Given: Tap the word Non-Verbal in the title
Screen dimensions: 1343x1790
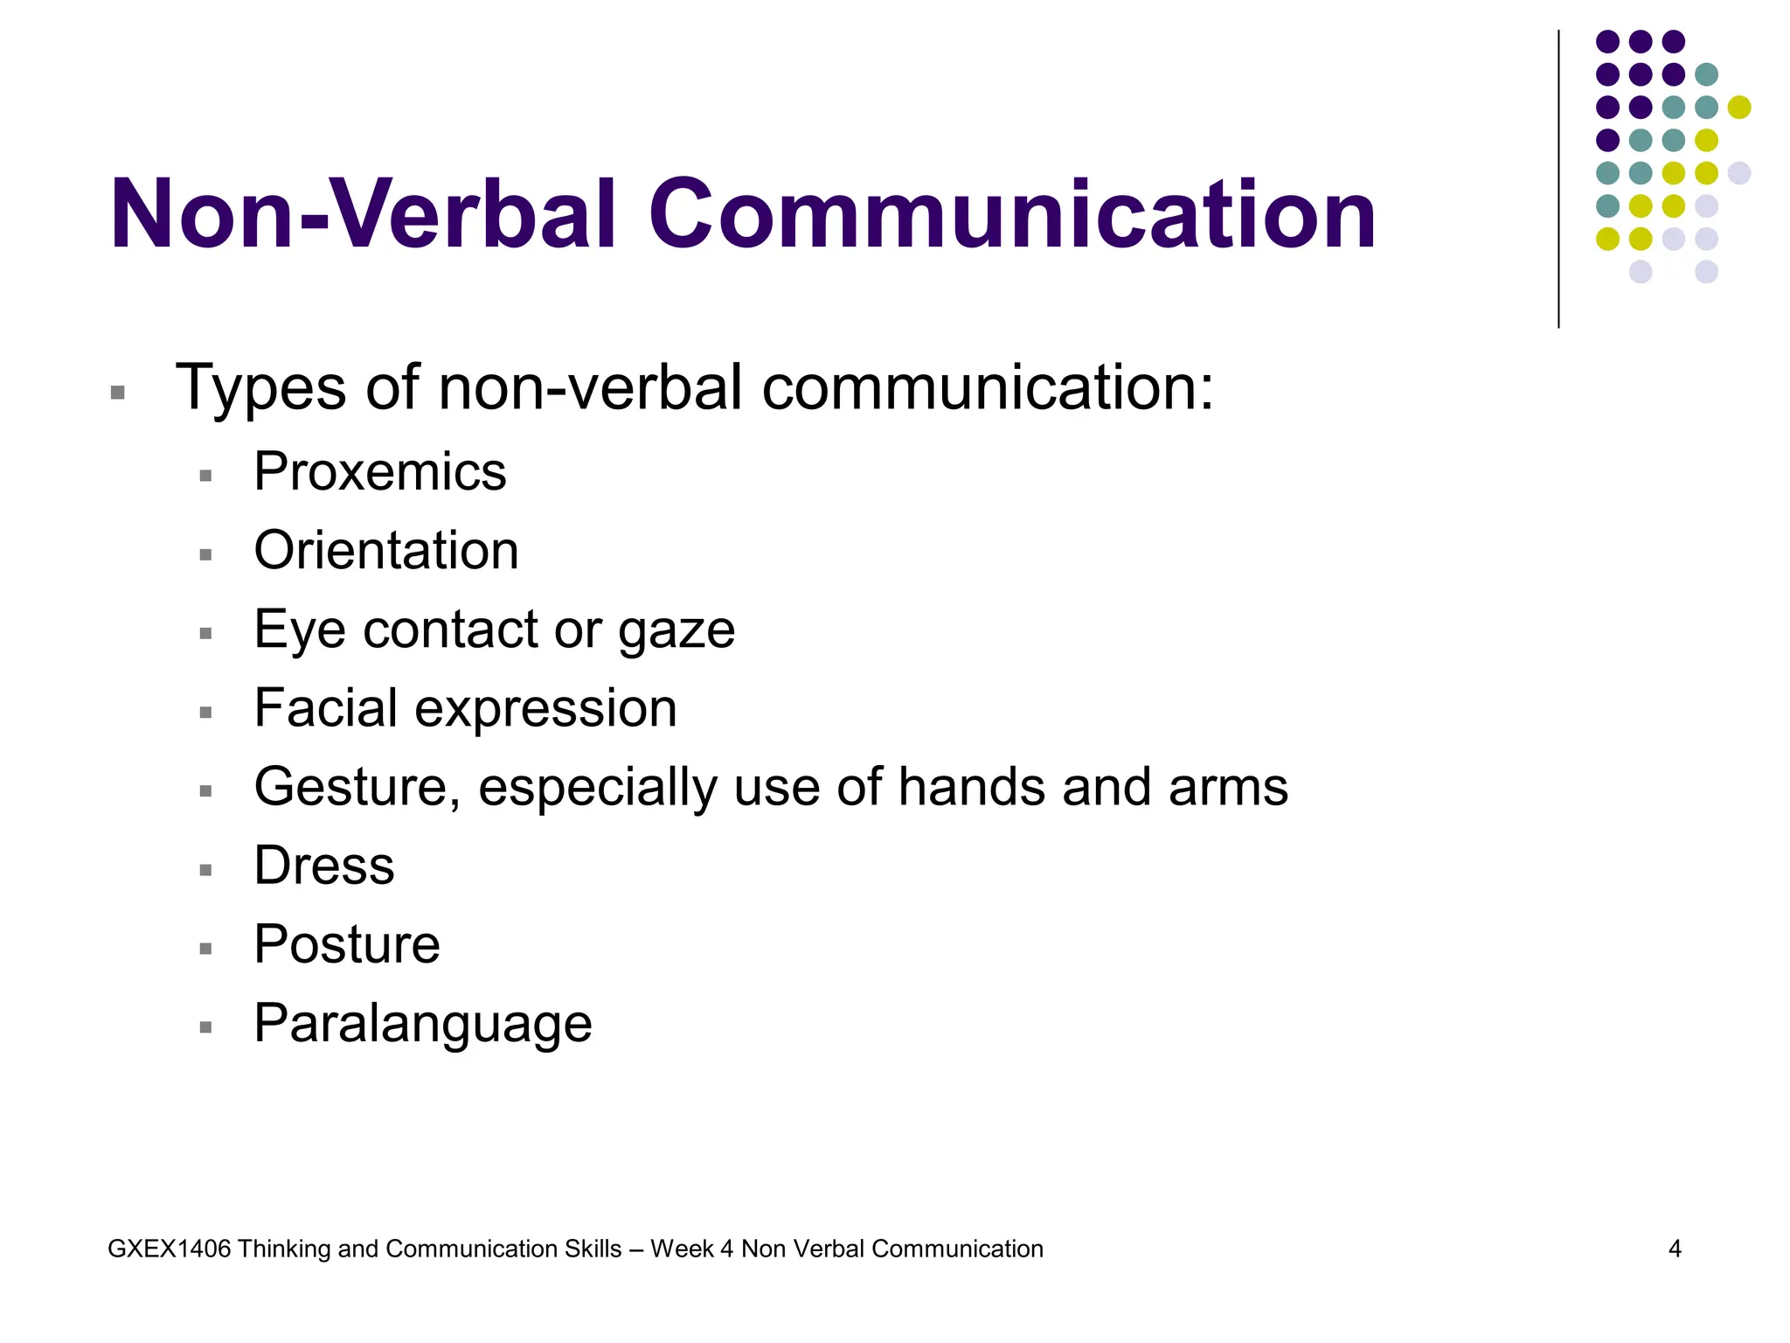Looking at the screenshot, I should (364, 215).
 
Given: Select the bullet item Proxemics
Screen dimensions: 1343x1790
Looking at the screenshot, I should (380, 472).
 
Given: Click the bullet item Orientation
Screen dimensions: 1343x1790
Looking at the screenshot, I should (386, 551).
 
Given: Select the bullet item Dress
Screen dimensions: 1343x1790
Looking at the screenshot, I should (324, 866).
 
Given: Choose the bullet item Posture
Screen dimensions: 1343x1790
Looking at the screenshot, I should (347, 944).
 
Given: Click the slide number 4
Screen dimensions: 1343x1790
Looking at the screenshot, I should (1675, 1249).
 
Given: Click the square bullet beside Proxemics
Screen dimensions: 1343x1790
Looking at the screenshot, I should (206, 477).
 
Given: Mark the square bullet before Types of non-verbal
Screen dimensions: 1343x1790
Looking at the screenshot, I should (118, 393).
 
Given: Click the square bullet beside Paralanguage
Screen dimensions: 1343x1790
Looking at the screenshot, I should (206, 1027).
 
